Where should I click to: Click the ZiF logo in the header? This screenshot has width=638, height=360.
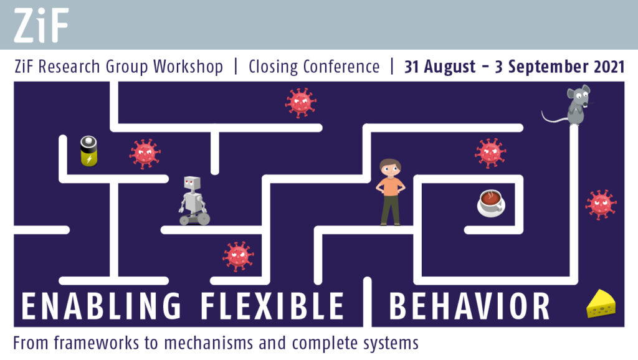tap(41, 25)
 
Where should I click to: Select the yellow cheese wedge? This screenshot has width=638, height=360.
tap(601, 303)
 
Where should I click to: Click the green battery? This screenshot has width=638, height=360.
tap(89, 151)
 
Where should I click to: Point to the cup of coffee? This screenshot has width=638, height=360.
tap(491, 203)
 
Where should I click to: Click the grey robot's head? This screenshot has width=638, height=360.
tap(192, 184)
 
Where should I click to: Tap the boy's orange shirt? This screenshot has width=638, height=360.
tap(391, 186)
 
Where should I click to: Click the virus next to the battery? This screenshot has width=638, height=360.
tap(145, 153)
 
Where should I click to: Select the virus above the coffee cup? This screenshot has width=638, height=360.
tap(490, 153)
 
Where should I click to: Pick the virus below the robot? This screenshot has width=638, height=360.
tap(238, 256)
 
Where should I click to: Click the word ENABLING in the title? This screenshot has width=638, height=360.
tap(101, 306)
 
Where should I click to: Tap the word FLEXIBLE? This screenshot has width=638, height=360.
tap(272, 306)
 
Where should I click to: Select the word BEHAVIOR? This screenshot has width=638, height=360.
tap(470, 306)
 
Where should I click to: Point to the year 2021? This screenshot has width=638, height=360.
tap(609, 67)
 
